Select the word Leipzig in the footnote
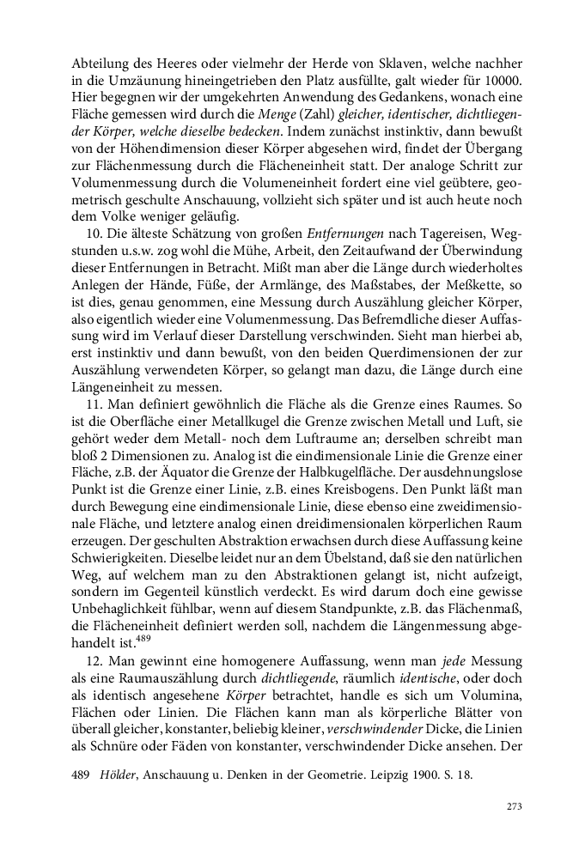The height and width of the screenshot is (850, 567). click(x=375, y=774)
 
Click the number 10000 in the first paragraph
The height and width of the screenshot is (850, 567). click(x=505, y=82)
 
